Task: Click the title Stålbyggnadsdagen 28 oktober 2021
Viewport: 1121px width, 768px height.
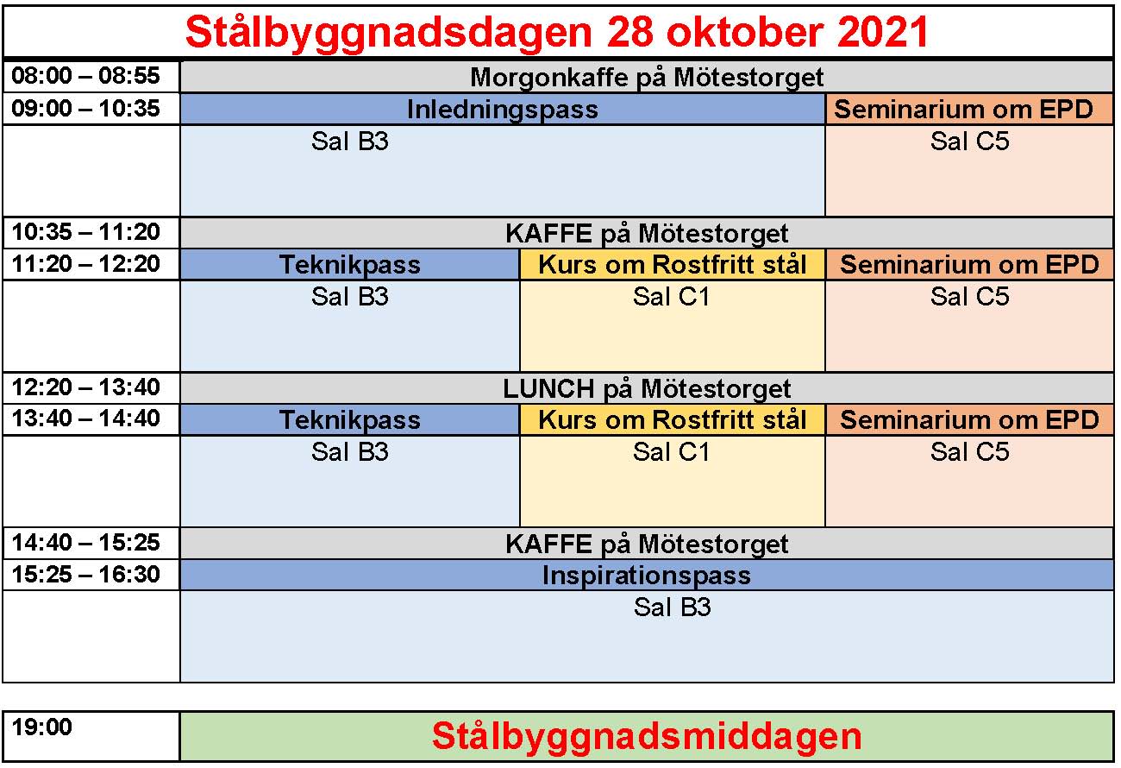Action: [x=557, y=32]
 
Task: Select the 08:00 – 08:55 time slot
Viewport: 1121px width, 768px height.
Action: [x=85, y=76]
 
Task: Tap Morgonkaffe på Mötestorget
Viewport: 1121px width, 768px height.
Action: [x=647, y=78]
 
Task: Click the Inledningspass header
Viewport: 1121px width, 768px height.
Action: [x=503, y=110]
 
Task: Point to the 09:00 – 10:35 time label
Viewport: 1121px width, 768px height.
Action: [x=85, y=109]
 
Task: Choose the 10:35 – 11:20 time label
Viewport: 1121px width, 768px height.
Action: [x=85, y=232]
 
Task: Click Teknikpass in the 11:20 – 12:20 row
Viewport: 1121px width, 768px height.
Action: [x=350, y=265]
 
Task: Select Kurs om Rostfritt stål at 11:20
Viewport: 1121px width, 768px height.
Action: [x=672, y=264]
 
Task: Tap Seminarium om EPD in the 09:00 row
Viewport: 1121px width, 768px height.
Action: [x=963, y=109]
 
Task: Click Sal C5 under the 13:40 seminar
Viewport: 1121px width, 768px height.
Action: [x=969, y=451]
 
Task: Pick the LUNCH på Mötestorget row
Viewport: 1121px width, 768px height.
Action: [x=647, y=389]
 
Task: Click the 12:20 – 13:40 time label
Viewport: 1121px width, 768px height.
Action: [x=85, y=387]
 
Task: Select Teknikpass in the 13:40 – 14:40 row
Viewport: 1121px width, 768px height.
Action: [x=350, y=420]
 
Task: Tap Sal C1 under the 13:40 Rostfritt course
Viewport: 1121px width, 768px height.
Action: [x=671, y=451]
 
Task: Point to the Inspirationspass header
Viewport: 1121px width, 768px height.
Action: [x=647, y=576]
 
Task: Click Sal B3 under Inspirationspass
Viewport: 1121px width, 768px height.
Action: [x=672, y=607]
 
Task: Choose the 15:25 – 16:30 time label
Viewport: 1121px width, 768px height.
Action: [x=85, y=574]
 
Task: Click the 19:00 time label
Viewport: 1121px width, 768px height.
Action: [x=42, y=727]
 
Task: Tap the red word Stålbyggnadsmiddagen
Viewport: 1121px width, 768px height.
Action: [x=647, y=737]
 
